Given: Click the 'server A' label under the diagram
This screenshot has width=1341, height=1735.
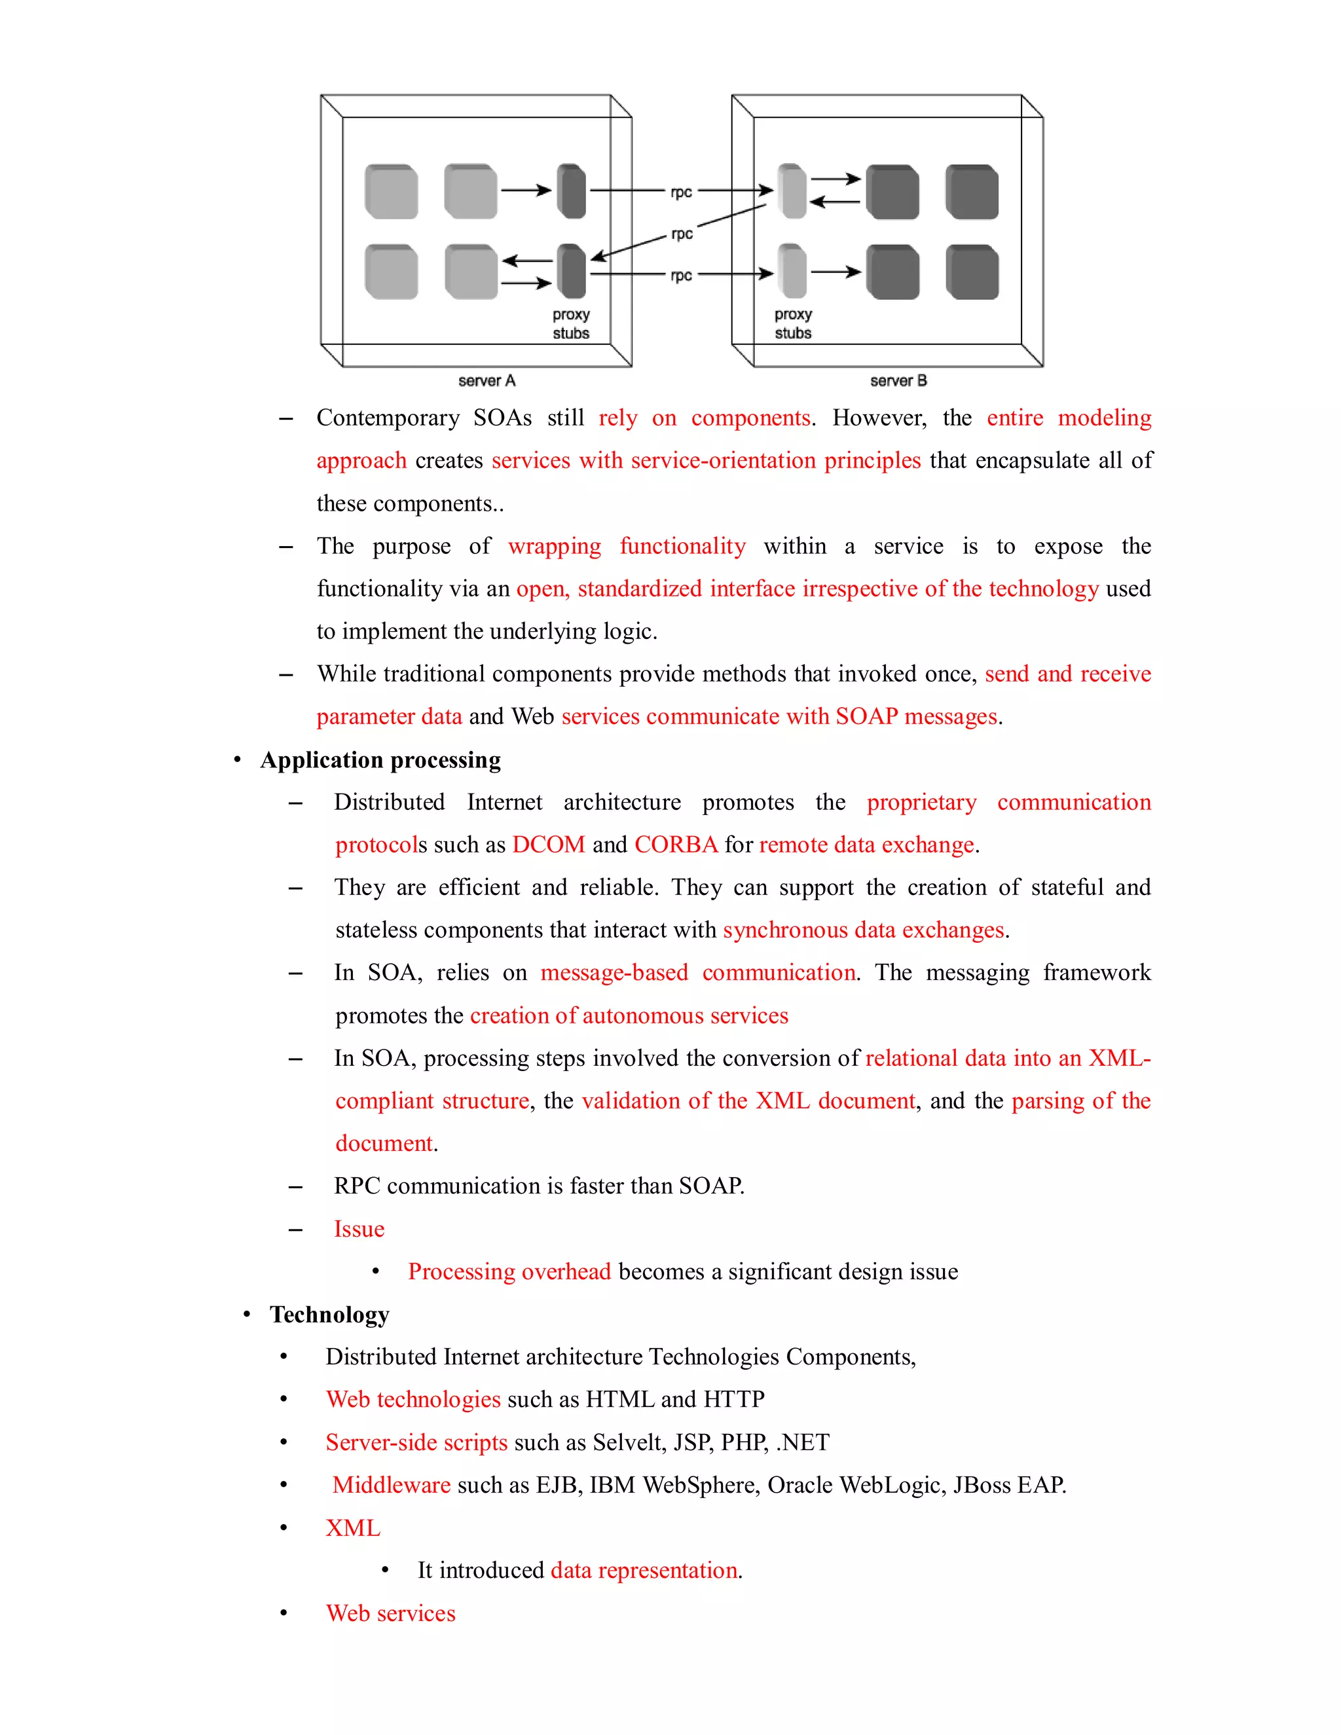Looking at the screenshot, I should [487, 380].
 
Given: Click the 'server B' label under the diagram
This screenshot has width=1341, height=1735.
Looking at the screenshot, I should [898, 380].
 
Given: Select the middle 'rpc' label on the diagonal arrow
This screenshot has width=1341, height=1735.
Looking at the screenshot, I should [682, 234].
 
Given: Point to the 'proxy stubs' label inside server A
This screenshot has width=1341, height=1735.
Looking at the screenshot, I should [571, 323].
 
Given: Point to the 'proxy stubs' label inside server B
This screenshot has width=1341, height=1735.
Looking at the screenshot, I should [793, 323].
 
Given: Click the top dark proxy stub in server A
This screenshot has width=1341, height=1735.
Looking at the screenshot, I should [571, 191].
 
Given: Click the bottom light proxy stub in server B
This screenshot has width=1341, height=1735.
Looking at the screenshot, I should [792, 271].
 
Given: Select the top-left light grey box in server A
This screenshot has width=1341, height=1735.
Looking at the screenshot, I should [391, 191].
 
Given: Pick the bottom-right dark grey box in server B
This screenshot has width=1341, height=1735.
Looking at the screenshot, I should [972, 272].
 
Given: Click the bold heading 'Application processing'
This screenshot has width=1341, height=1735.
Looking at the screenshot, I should [380, 760].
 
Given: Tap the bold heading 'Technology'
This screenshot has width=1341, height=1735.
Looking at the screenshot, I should [330, 1315].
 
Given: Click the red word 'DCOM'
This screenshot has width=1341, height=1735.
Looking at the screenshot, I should [548, 845].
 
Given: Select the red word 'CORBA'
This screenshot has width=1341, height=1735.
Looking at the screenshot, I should [676, 845].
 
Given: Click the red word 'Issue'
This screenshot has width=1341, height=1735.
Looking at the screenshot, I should [359, 1229].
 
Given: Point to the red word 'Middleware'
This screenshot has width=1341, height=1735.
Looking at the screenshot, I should [391, 1485].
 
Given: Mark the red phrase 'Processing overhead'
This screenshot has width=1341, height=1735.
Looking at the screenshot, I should [509, 1272].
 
